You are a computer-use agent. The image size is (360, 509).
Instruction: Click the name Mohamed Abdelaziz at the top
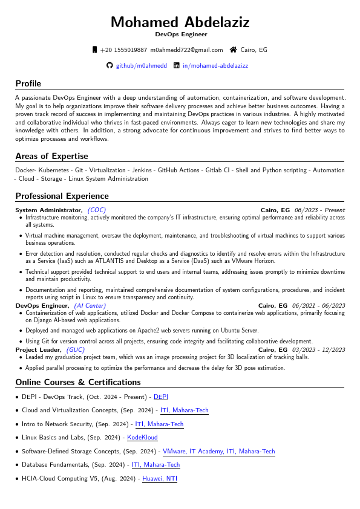(x=180, y=22)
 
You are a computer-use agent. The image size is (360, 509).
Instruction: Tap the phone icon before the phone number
(x=94, y=50)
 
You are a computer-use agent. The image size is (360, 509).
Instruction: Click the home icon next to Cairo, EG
(x=233, y=50)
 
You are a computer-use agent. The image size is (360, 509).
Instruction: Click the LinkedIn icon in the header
(x=177, y=65)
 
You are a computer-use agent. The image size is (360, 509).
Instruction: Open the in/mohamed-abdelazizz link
(x=215, y=65)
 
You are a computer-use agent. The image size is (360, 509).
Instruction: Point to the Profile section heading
(x=28, y=83)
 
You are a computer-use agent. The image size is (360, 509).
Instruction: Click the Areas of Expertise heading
(x=51, y=156)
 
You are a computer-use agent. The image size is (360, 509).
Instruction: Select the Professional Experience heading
(x=62, y=196)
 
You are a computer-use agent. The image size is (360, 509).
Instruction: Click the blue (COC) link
(x=97, y=210)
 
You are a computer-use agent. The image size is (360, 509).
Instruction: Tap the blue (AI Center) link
(x=90, y=306)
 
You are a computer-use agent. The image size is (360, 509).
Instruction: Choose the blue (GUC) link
(x=76, y=349)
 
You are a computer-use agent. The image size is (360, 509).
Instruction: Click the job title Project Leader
(x=39, y=349)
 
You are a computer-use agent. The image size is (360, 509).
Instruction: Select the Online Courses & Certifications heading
(x=77, y=382)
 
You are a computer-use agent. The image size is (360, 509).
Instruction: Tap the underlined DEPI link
(x=161, y=397)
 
